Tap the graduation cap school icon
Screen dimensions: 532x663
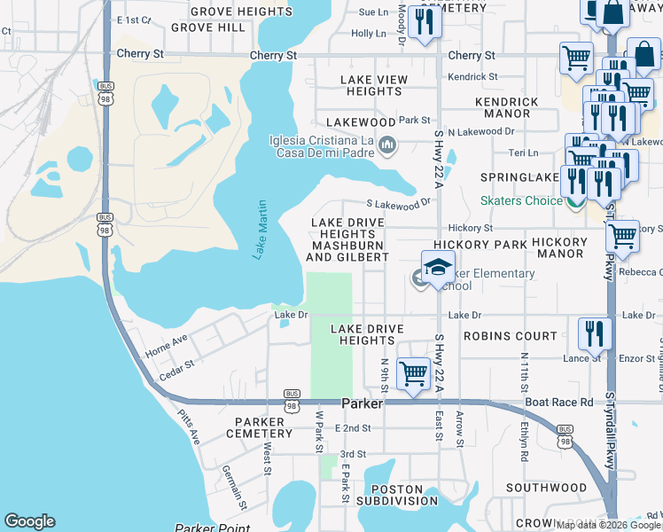point(437,268)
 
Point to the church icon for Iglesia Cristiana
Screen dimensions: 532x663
point(387,145)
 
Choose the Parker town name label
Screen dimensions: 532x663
point(362,403)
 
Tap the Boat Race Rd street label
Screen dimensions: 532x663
point(559,402)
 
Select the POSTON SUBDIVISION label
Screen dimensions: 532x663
point(391,495)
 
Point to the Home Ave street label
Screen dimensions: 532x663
point(167,345)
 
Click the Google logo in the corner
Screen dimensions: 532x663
point(29,521)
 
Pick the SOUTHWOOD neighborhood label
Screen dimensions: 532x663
point(546,488)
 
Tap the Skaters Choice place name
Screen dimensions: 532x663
point(520,200)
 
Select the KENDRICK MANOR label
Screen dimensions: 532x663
point(507,108)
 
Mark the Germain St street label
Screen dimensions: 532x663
point(234,488)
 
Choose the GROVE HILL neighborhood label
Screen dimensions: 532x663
point(208,27)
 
